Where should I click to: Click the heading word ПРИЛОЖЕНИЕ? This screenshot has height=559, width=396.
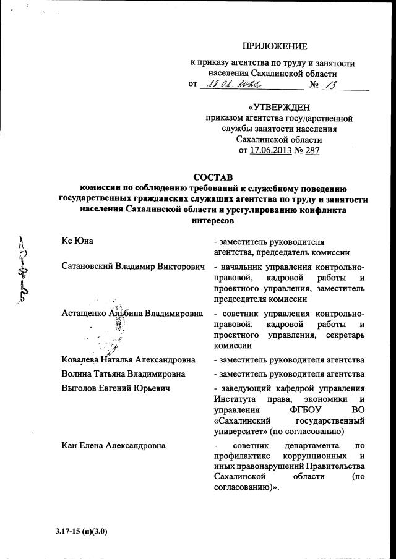pos(274,46)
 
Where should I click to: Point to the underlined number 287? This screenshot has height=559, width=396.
pos(312,150)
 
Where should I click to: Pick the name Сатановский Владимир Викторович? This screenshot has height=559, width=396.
pos(133,267)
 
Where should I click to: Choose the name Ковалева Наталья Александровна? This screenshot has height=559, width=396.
pos(129,359)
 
